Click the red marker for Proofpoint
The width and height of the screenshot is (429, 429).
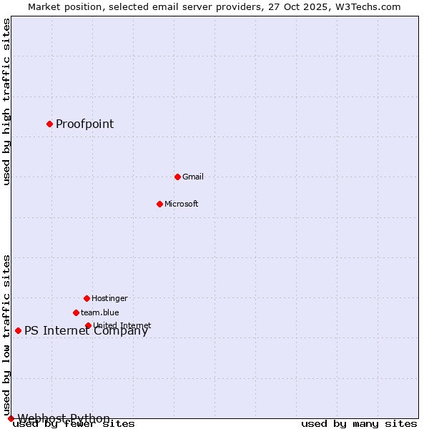coord(49,124)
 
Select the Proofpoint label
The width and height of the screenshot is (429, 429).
coord(84,124)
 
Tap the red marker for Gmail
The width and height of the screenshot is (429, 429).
coord(177,177)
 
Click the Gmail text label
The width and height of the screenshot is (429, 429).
coord(193,177)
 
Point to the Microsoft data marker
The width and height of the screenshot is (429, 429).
coord(159,204)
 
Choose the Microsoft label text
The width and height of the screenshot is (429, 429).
coord(181,204)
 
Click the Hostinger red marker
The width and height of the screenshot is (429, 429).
coord(87,298)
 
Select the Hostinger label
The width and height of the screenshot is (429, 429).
coord(109,298)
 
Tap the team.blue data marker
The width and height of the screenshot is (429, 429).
coord(76,312)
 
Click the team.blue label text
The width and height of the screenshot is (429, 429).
coord(99,312)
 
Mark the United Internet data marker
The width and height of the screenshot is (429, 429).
coord(88,325)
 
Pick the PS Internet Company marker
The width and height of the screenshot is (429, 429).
coord(18,330)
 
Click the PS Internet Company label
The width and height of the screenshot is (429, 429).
coord(86,330)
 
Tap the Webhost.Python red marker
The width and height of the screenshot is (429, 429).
coord(11,418)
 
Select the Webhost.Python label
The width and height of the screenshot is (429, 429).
coord(64,418)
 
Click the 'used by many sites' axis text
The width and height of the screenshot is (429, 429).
coord(359,424)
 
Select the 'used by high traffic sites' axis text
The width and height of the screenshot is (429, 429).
coord(7,102)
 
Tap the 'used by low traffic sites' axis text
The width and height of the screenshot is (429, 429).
coord(7,335)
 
